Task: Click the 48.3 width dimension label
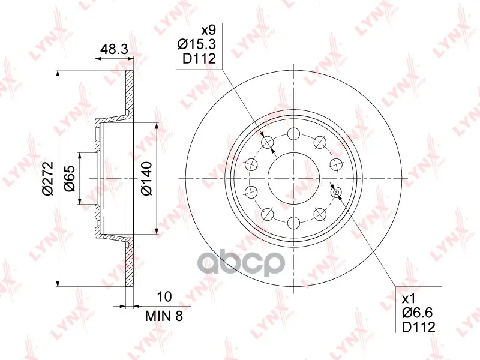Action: [x=114, y=49]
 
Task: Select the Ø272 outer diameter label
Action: [x=48, y=178]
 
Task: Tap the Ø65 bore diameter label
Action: [x=70, y=178]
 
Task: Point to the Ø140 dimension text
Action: [x=146, y=178]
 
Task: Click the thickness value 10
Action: [x=164, y=296]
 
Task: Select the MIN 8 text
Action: [x=164, y=316]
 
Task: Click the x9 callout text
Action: [x=208, y=31]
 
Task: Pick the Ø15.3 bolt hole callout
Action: [x=197, y=44]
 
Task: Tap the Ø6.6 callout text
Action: [x=418, y=313]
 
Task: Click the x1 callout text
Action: [x=409, y=298]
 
